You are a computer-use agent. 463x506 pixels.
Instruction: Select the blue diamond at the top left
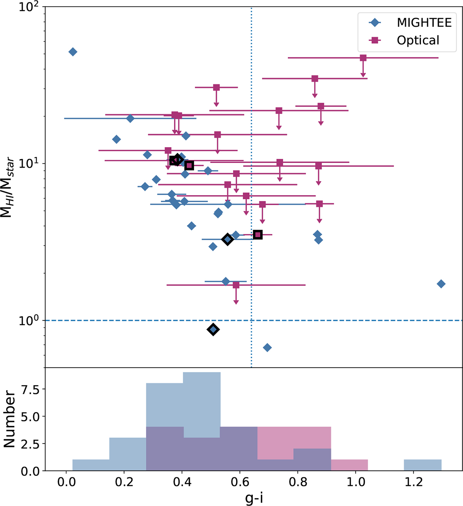tap(73, 52)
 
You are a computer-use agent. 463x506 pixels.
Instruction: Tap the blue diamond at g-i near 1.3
tap(441, 284)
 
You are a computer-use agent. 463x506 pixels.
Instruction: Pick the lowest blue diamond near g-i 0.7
tap(267, 348)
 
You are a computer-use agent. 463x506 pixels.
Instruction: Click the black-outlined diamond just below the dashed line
tap(213, 329)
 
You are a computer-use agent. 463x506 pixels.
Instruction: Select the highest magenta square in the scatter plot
tap(363, 58)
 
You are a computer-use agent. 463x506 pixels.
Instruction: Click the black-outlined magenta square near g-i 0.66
tap(258, 234)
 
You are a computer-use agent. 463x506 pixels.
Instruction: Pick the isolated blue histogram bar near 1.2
tap(422, 465)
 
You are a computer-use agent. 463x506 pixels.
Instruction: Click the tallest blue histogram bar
tap(201, 421)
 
